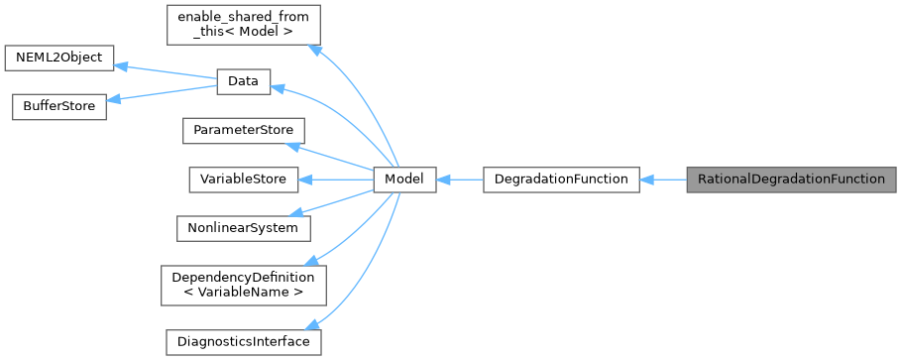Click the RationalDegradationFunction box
coord(791,180)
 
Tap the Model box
coord(404,180)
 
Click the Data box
coord(243,83)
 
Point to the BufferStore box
coord(58,107)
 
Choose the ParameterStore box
coord(243,131)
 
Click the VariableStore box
coord(243,180)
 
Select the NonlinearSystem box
coord(243,227)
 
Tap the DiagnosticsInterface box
coord(243,341)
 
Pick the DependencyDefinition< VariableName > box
coord(243,284)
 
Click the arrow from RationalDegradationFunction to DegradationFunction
coord(663,180)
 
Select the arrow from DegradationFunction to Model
coord(459,180)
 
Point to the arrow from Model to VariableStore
coord(337,180)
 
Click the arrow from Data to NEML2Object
coord(167,70)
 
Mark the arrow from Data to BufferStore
coord(162,95)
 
